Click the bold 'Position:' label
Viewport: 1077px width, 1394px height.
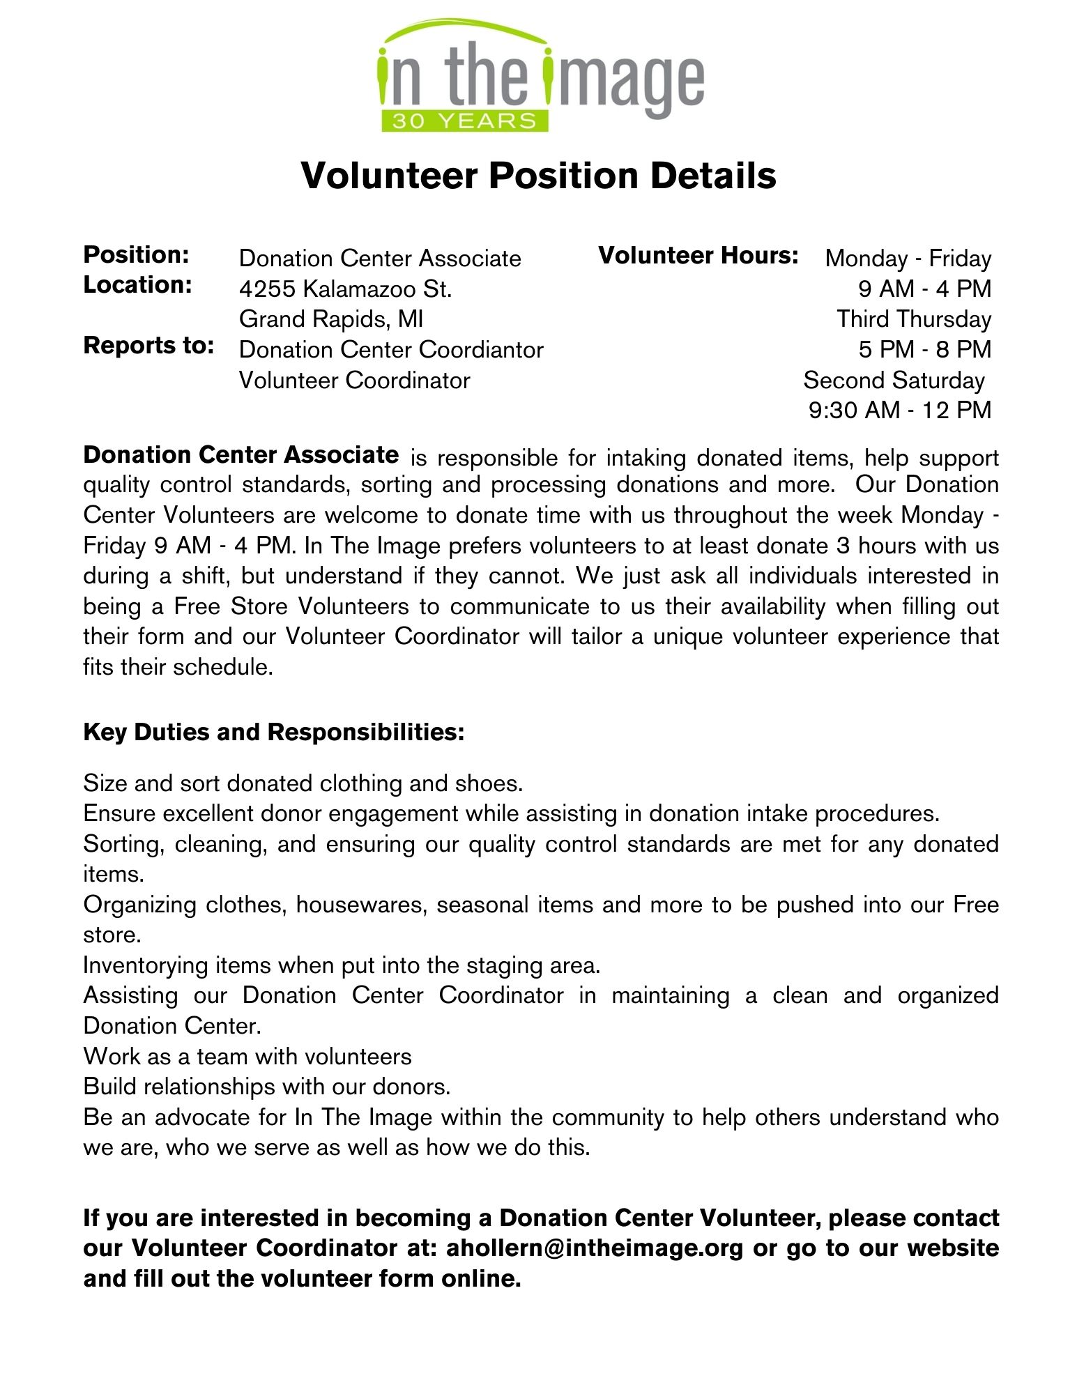pos(136,255)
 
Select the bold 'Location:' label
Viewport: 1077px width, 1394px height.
pos(137,285)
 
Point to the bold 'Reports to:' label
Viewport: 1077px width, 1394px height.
pos(148,346)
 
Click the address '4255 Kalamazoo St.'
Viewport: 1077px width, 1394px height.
pos(345,289)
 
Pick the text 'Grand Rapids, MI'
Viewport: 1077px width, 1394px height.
pos(331,319)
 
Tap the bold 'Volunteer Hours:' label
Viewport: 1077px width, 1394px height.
pos(698,256)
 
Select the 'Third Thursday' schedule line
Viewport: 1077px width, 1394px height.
pos(913,319)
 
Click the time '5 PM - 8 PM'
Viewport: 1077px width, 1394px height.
pos(924,349)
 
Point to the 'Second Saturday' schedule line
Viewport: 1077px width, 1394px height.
pos(893,381)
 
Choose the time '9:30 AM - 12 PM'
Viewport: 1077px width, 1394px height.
pos(899,411)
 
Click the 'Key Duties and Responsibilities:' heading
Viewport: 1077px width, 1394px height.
pos(273,733)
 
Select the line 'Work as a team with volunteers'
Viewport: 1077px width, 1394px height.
pos(247,1057)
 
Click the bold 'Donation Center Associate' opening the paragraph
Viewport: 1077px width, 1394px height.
pos(240,455)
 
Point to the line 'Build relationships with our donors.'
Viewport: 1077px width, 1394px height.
pos(267,1087)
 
